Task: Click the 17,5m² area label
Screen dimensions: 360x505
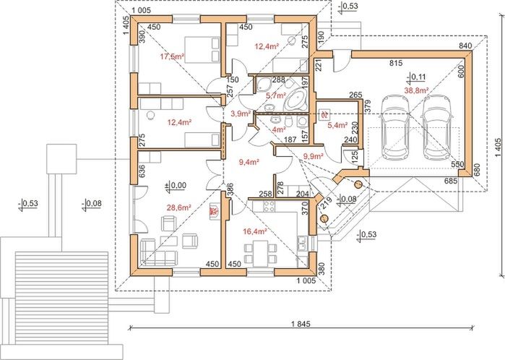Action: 171,56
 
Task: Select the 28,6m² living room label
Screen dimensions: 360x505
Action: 178,207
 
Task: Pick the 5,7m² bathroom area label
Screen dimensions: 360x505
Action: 276,95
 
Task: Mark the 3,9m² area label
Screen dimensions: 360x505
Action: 240,113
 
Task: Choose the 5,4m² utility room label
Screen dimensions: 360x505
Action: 339,126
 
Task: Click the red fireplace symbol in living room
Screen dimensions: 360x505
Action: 214,212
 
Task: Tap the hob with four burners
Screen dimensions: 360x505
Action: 267,209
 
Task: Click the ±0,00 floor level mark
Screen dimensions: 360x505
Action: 175,186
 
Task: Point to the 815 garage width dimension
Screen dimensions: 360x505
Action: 397,64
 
